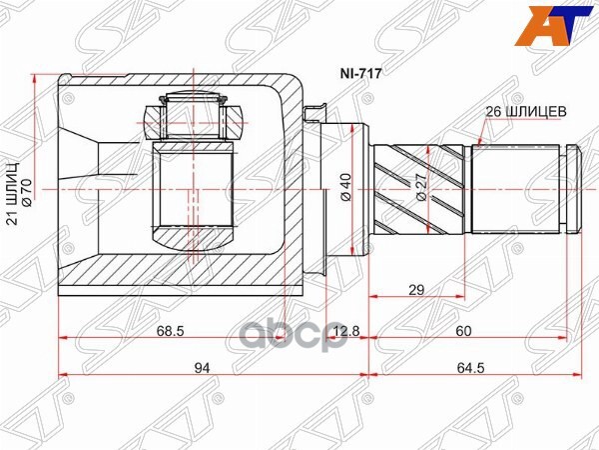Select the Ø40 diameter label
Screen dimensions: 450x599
pos(344,187)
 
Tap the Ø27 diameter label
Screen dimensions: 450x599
pos(421,187)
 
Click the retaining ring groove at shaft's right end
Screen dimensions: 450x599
pos(572,187)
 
